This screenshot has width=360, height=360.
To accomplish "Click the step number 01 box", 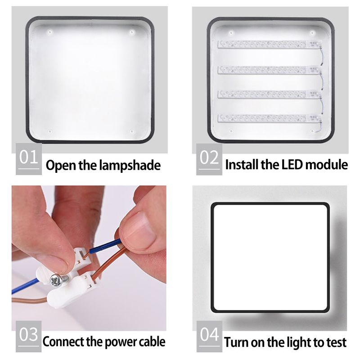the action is tap(29, 159).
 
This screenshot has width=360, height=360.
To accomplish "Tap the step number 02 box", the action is tap(209, 159).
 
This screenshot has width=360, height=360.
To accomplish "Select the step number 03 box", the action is tap(29, 336).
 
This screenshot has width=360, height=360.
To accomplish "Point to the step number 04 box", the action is tap(209, 336).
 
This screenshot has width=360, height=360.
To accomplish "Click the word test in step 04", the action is tap(337, 342).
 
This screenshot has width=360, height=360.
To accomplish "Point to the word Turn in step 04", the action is tap(236, 342).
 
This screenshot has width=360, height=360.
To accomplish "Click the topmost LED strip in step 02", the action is tap(269, 44).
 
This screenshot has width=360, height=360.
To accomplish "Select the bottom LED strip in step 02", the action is tap(269, 118).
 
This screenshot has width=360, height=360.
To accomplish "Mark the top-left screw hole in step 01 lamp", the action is tap(50, 32).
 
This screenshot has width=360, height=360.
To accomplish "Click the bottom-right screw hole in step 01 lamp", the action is tap(131, 131).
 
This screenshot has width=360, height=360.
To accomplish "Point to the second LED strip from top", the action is tap(269, 70).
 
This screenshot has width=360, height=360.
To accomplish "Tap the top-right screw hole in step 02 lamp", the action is tap(312, 33).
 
